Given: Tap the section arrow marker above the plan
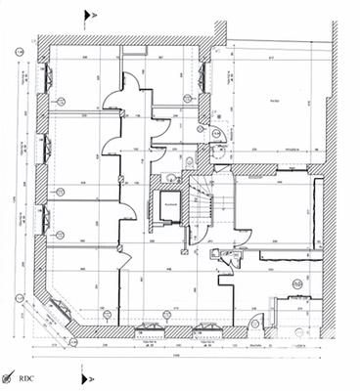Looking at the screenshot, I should (x=90, y=14).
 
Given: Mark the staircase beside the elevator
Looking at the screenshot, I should (x=203, y=210).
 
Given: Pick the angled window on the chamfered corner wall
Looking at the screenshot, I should (x=58, y=312).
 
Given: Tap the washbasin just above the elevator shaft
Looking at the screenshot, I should (x=171, y=176).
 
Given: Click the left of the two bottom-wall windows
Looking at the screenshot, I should (x=150, y=328).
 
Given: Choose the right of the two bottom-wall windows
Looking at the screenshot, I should (x=206, y=328).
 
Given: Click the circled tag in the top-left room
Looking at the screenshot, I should (x=60, y=101).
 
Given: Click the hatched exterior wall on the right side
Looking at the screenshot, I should (x=330, y=254).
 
